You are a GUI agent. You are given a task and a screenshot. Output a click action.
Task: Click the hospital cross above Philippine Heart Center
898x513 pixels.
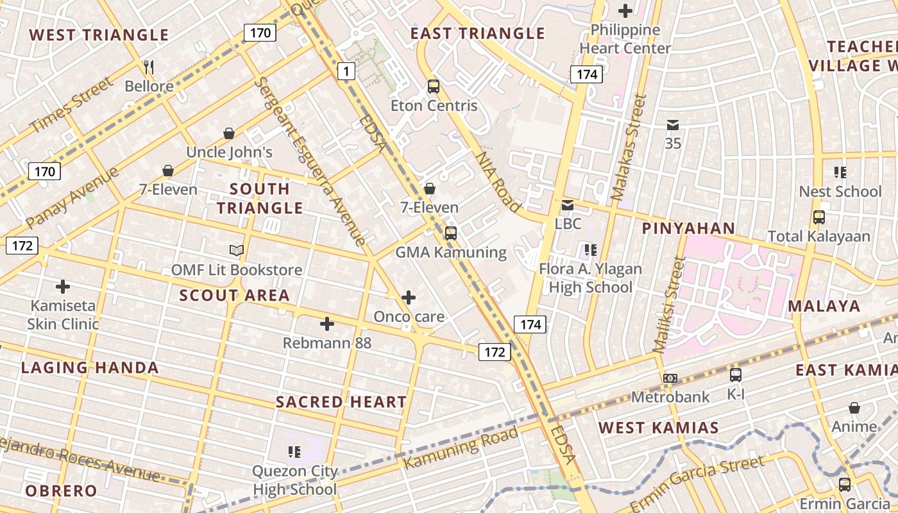[625, 11]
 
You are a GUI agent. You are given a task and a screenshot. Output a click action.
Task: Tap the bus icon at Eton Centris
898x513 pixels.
[434, 86]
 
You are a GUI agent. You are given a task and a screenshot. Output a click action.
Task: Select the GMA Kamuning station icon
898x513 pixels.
[451, 233]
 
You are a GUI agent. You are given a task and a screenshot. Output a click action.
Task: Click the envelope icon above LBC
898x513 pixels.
[568, 205]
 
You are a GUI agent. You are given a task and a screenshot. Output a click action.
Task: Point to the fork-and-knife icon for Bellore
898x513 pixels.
[149, 67]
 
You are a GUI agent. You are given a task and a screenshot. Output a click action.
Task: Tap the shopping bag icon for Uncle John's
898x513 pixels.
[229, 133]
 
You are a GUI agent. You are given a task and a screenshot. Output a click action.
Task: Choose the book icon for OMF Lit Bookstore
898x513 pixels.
[237, 250]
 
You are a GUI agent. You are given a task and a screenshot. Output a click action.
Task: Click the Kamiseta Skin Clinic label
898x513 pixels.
[63, 315]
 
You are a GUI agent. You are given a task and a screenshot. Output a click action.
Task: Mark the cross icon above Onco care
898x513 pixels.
[409, 298]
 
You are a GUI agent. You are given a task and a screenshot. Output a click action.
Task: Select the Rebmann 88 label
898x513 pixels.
[327, 343]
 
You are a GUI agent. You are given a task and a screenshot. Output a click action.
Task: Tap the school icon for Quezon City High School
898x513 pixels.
[294, 452]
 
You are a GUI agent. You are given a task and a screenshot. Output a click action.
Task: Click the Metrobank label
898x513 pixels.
[670, 397]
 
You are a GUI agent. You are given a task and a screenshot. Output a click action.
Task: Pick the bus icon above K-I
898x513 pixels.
[736, 375]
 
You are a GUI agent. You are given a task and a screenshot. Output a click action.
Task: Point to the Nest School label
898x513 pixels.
[840, 192]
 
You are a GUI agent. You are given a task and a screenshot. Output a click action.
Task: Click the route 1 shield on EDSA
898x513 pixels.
[346, 71]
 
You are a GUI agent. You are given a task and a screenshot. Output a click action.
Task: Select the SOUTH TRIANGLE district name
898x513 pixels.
[259, 198]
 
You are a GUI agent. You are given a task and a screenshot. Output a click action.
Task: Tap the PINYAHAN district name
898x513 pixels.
[688, 228]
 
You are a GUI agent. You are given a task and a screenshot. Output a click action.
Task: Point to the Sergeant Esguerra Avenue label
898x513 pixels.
[310, 160]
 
